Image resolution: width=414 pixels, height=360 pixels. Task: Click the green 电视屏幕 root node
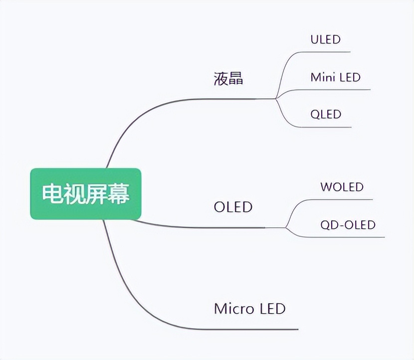coord(86,194)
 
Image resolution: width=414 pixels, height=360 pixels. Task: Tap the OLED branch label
coord(233,206)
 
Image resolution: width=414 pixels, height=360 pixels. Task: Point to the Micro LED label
coord(249,308)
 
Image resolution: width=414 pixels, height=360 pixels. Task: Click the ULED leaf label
coord(325,39)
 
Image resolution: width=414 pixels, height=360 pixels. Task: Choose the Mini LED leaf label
coord(335,77)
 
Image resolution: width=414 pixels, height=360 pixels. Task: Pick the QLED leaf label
coord(326,114)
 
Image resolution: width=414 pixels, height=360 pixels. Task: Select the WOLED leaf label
coord(342,187)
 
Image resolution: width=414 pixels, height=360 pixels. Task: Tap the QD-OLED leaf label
coord(348,225)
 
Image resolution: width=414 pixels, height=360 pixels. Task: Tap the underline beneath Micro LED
coord(249,329)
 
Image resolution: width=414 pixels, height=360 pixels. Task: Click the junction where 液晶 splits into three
coord(276,98)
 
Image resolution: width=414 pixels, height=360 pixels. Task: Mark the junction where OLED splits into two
coord(286,228)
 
